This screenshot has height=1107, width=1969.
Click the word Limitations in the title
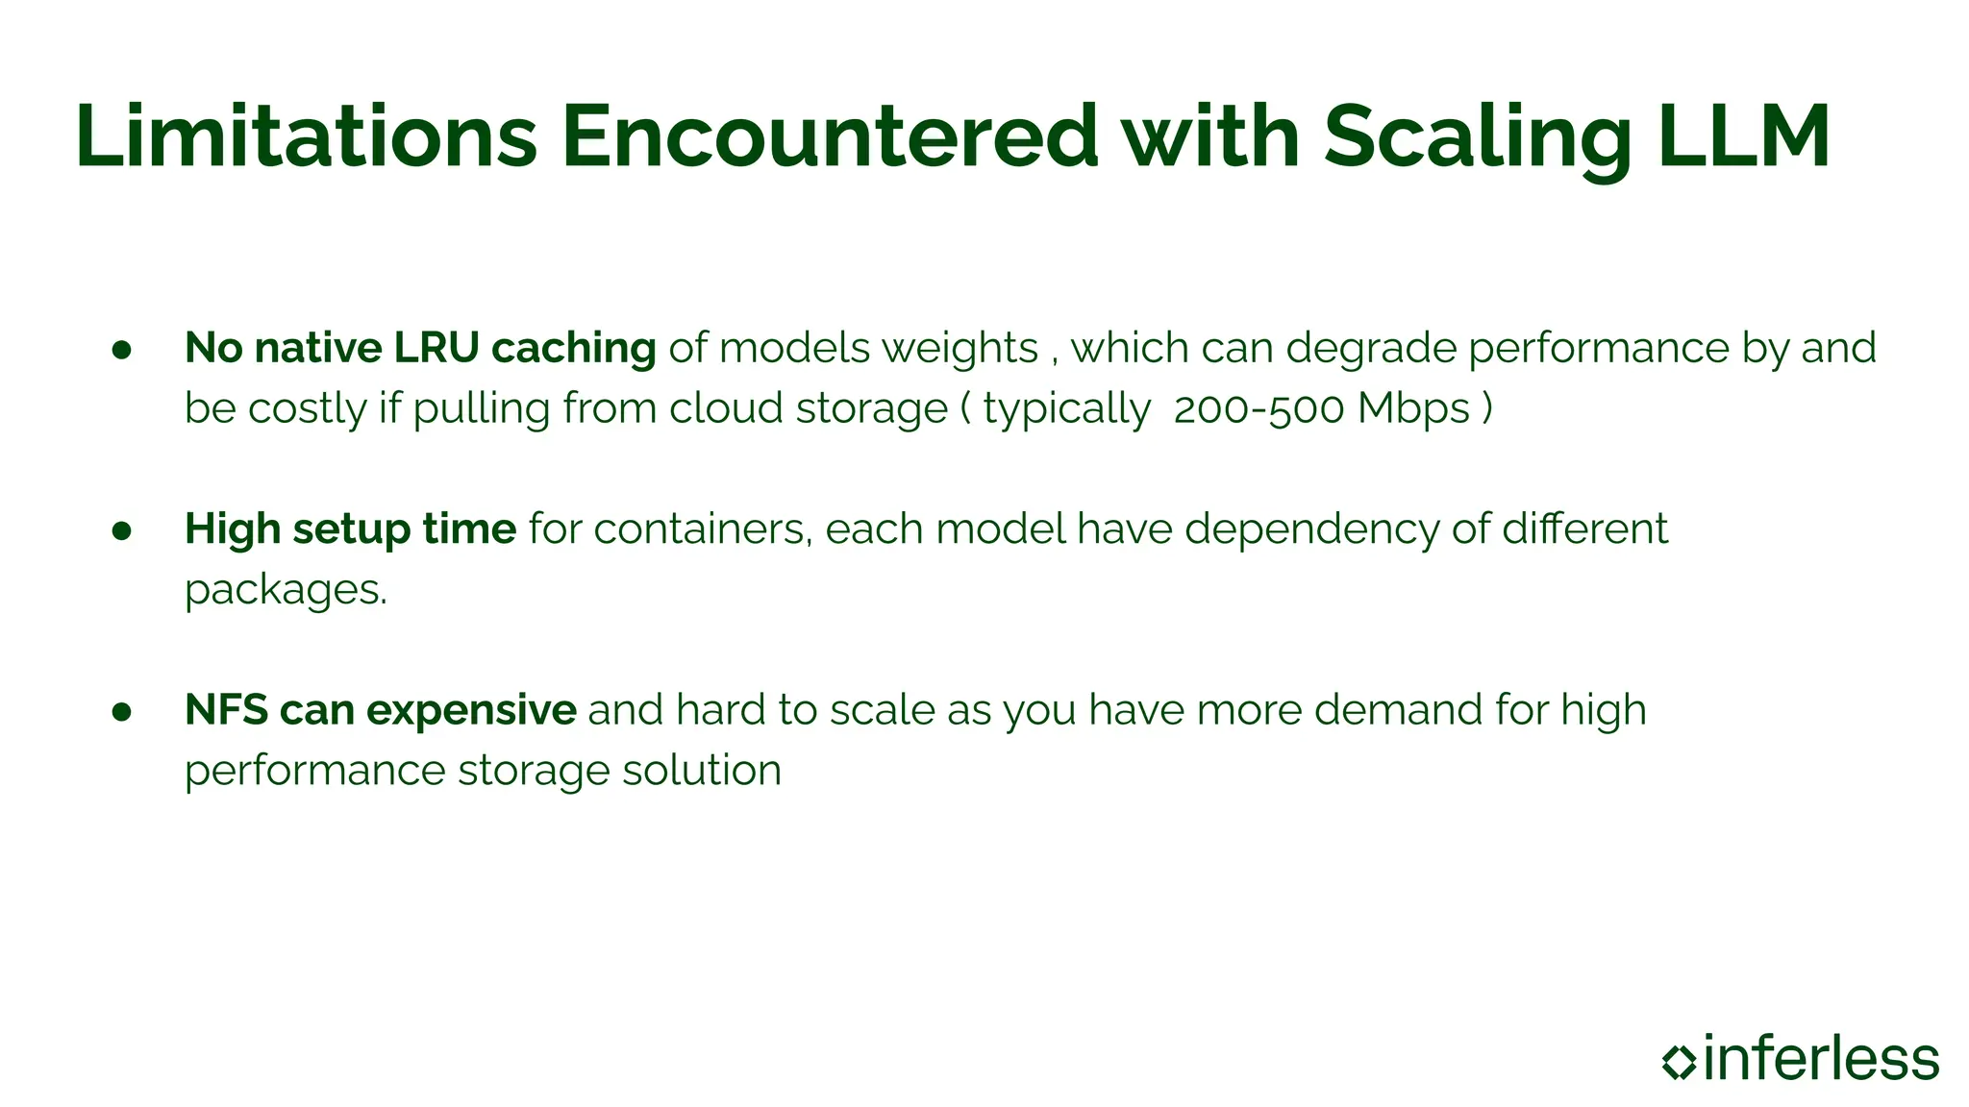click(306, 136)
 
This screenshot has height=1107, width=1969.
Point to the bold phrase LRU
click(436, 348)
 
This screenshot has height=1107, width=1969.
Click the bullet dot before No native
click(121, 350)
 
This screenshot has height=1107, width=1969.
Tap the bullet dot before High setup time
click(121, 530)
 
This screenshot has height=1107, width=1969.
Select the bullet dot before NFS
click(121, 712)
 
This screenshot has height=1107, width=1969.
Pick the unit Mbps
click(1413, 409)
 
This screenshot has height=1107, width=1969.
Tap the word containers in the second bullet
click(701, 529)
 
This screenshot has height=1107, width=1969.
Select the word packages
click(285, 591)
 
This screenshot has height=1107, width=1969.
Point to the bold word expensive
click(471, 712)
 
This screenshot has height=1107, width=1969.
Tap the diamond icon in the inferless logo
click(1679, 1061)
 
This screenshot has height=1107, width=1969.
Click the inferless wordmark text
click(1821, 1059)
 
